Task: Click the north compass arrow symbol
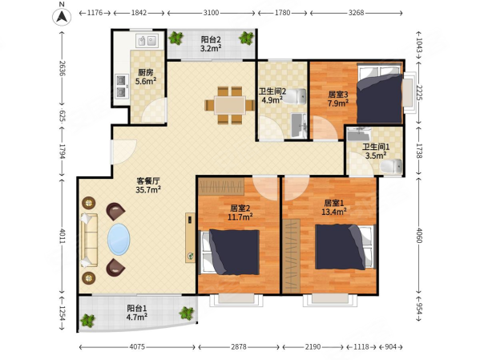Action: (63, 16)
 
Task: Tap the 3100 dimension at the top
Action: (212, 13)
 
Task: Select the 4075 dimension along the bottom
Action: (137, 347)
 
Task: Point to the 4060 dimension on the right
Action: (419, 235)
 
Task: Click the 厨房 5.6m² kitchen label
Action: (146, 77)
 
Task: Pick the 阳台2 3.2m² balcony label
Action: (211, 44)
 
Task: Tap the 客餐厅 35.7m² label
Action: (148, 185)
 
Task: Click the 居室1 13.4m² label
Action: (334, 207)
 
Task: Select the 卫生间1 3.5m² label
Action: (376, 152)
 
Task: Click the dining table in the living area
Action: (230, 105)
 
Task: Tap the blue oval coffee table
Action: (119, 240)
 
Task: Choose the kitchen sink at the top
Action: (147, 41)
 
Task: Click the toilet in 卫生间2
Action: (294, 96)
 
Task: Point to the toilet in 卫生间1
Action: (391, 166)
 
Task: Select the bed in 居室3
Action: (380, 93)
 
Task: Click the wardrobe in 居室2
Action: (221, 186)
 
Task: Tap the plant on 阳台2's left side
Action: (175, 38)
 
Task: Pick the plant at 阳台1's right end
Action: (187, 313)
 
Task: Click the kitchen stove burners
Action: (122, 86)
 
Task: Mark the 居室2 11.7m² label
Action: (240, 212)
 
